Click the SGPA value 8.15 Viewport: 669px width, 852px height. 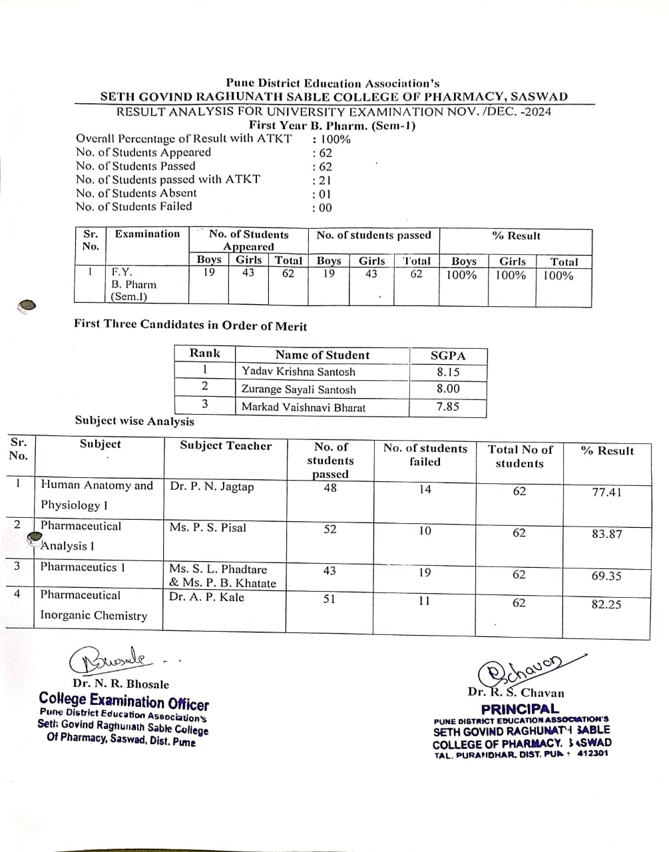tap(448, 372)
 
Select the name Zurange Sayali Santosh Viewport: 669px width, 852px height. tap(298, 389)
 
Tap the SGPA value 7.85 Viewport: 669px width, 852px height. tap(448, 406)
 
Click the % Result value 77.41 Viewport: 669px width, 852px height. tap(606, 493)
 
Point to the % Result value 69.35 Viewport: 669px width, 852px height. tap(606, 576)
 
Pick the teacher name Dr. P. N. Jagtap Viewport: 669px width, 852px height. tap(212, 487)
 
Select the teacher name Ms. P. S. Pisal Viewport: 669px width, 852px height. tap(208, 528)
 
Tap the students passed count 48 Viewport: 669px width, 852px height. tap(330, 488)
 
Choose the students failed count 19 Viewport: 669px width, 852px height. tap(425, 572)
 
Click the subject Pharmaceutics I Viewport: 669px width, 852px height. tap(83, 567)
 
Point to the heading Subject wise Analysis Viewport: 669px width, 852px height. tap(134, 421)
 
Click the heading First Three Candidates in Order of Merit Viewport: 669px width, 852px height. tap(190, 325)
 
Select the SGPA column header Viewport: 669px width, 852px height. tap(448, 355)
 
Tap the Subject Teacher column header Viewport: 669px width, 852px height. tap(226, 446)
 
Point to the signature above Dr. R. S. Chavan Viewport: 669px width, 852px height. tap(526, 669)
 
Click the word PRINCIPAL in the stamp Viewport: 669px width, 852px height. tap(520, 709)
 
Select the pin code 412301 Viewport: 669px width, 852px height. tap(592, 754)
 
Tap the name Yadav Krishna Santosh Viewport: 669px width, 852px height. tap(298, 372)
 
